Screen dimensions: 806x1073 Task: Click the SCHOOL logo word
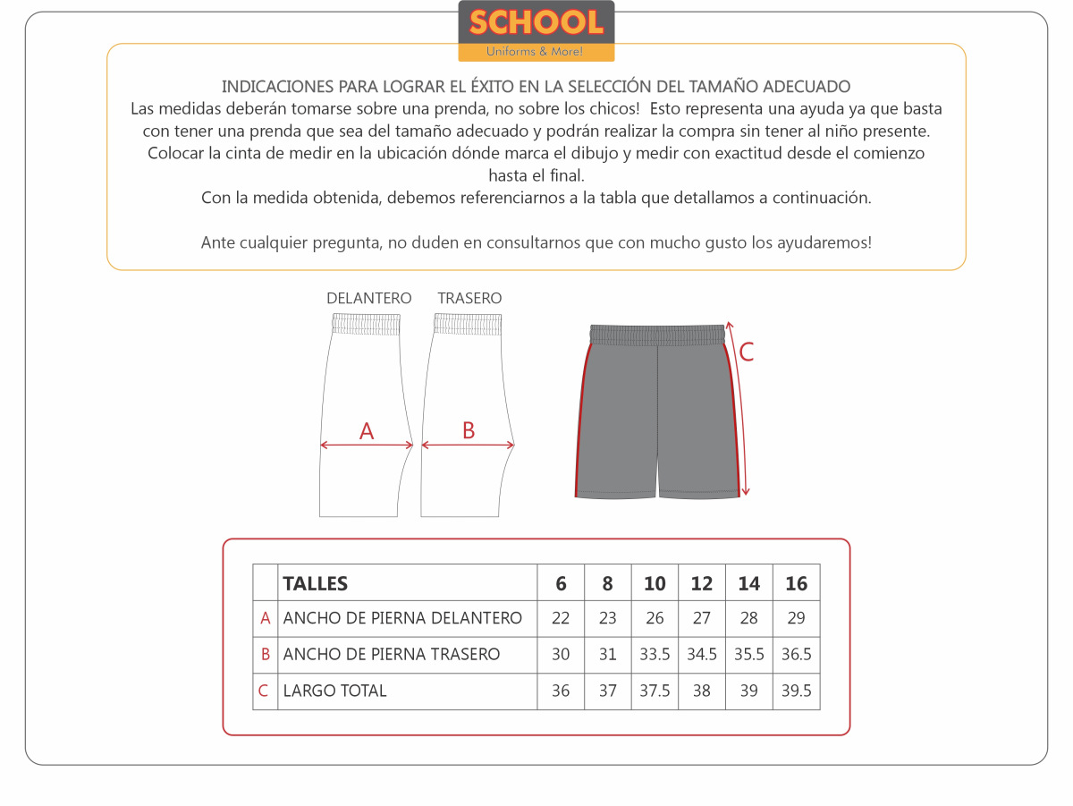tap(536, 22)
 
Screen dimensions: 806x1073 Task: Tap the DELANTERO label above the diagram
tap(368, 299)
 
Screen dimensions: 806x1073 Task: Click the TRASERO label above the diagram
tap(469, 299)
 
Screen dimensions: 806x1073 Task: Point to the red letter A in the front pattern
tap(367, 431)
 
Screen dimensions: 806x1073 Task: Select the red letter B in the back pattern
tap(469, 430)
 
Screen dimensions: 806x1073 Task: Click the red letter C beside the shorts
tap(747, 352)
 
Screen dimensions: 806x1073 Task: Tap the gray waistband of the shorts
tap(658, 335)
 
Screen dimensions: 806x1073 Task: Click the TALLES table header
tap(316, 584)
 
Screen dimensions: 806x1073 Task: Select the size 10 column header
tap(655, 584)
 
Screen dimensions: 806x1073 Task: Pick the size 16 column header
tap(796, 584)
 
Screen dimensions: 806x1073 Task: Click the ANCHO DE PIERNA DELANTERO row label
tap(402, 618)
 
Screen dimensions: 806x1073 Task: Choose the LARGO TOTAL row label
tap(334, 691)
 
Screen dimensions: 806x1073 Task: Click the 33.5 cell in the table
tap(655, 655)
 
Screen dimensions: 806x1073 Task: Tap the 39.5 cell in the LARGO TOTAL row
tap(796, 691)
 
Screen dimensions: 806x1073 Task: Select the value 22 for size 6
tap(561, 618)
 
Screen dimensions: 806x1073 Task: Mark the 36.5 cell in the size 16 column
tap(796, 655)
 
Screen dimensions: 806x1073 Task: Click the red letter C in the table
tap(264, 691)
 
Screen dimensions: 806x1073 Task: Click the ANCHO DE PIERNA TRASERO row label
tap(391, 655)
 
